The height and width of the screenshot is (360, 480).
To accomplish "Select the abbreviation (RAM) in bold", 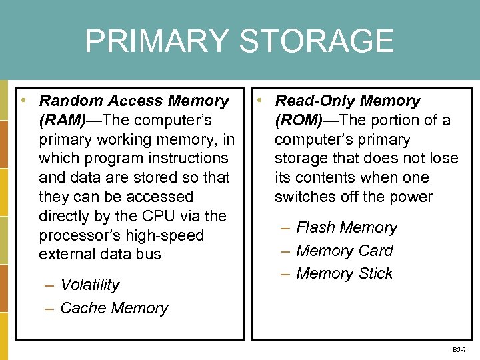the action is [62, 120].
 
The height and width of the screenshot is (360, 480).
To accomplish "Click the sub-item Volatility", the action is [89, 285].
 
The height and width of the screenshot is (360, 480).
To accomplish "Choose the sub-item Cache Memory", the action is [114, 308].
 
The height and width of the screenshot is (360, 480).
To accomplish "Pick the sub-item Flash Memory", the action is [346, 227].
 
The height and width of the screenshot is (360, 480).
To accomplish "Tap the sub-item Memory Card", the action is [344, 251].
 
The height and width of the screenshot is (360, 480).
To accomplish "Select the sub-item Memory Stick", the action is [344, 273].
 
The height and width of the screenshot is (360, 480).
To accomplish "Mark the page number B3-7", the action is [459, 349].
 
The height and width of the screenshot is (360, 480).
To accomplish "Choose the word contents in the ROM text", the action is [326, 177].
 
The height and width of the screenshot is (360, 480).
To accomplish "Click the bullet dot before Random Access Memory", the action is [23, 100].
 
